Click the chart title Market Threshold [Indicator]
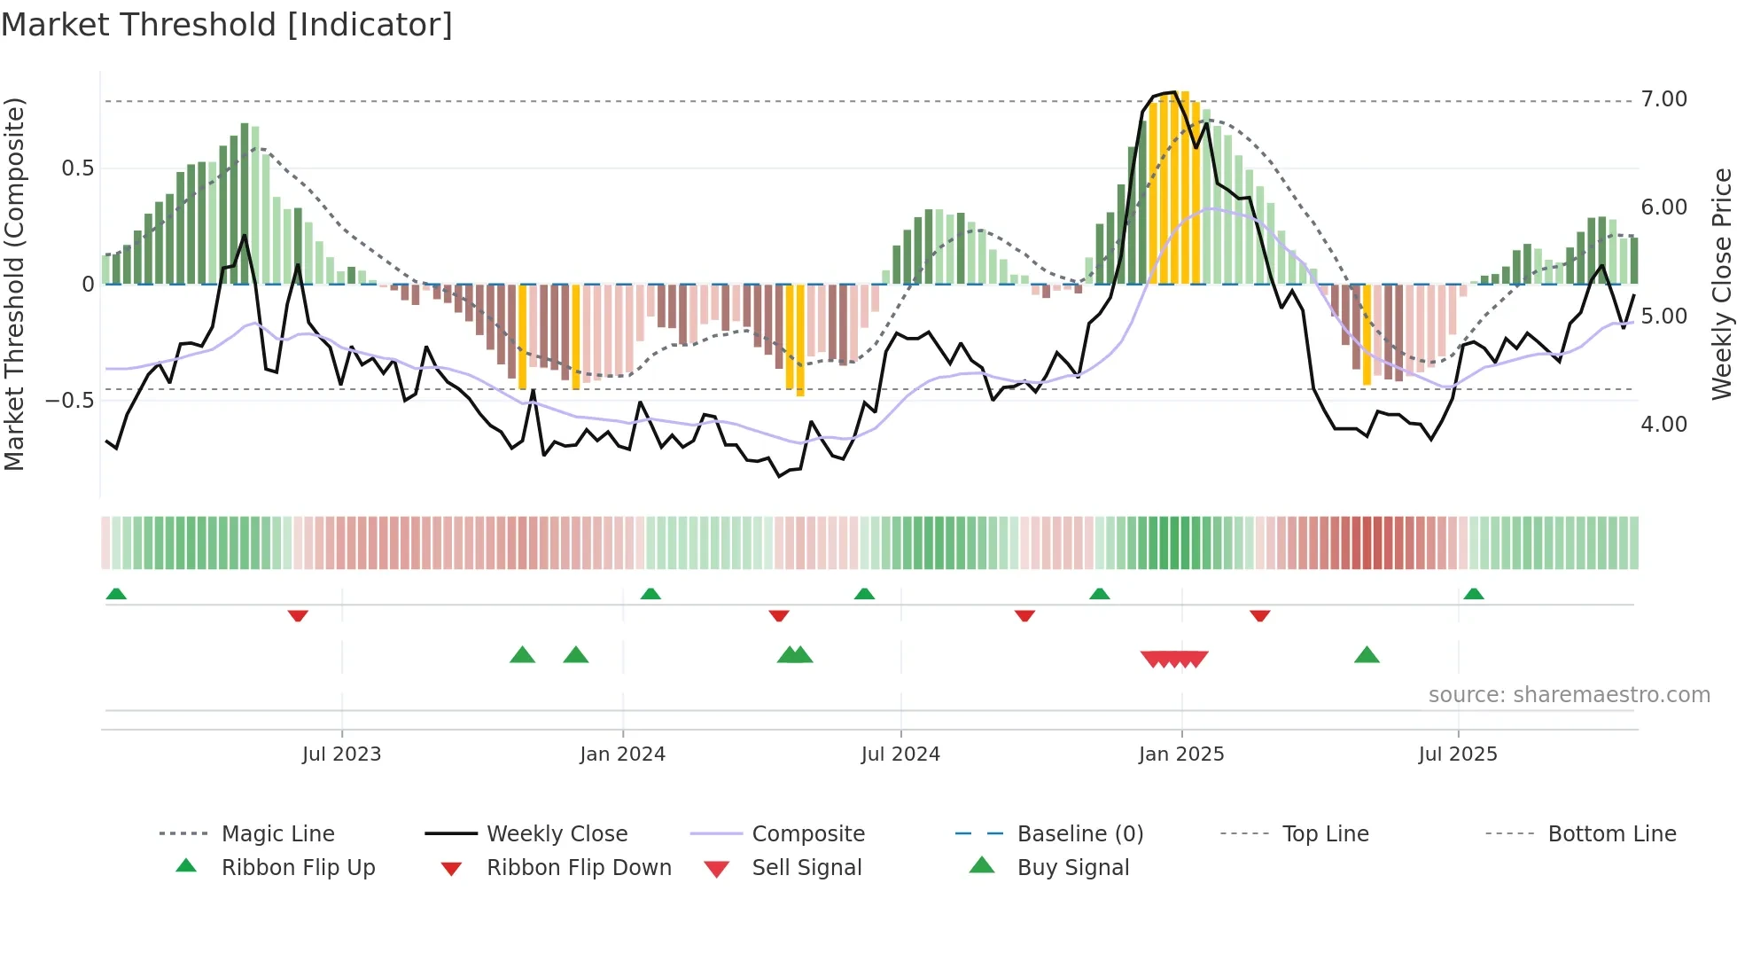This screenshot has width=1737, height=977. pos(227,25)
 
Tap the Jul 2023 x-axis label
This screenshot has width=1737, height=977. pos(341,754)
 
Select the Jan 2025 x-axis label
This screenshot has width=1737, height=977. pos(1180,754)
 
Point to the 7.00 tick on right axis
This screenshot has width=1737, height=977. pos(1663,99)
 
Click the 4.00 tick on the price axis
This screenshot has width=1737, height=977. pos(1663,425)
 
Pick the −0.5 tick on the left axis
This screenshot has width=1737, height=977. pos(69,401)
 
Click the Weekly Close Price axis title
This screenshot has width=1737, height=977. pos(1720,284)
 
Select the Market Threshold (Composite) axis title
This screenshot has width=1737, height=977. pos(14,284)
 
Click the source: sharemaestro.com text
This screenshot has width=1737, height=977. pos(1569,695)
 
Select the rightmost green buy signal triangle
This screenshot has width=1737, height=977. pos(1367,655)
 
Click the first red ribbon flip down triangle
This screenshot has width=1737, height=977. pos(298,615)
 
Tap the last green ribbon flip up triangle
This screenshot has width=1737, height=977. pos(1473,593)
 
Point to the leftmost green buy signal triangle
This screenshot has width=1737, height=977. pos(522,655)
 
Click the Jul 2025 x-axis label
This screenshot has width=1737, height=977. pos(1457,754)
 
